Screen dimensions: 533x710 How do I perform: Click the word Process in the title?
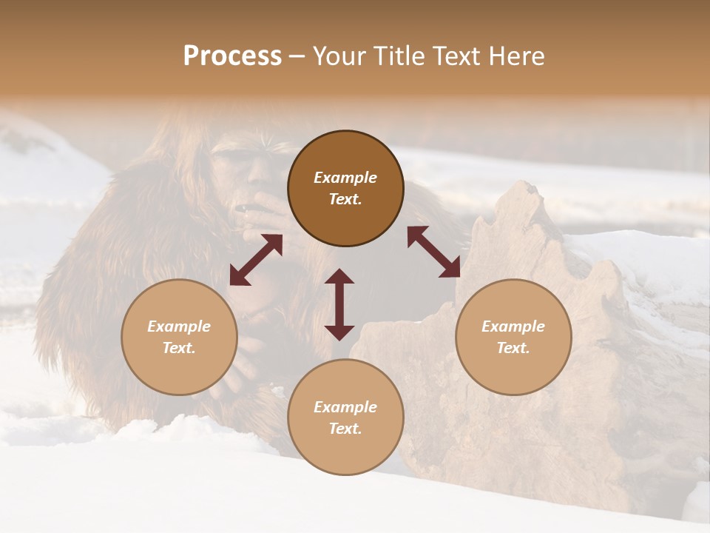[232, 56]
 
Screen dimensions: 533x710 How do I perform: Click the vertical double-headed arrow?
[339, 304]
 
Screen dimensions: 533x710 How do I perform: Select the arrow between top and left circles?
[256, 260]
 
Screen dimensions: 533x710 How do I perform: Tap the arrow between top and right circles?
[433, 252]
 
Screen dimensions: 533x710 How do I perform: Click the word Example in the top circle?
[345, 178]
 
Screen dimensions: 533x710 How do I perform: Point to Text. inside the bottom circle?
[345, 429]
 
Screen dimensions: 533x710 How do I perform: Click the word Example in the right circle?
[513, 326]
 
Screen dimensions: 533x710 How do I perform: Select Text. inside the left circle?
[179, 348]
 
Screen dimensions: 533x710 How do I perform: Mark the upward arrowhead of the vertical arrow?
[339, 277]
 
